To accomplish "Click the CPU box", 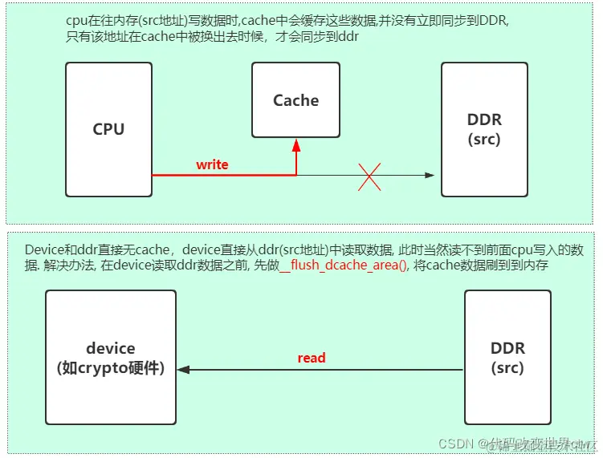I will click(x=108, y=129).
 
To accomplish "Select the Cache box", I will click(x=295, y=100).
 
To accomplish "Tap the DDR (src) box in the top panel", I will click(x=484, y=129).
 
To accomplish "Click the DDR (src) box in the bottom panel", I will click(x=507, y=358).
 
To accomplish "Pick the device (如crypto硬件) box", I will click(x=111, y=358).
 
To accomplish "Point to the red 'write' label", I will click(x=212, y=164).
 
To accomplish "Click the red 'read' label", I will click(x=312, y=358).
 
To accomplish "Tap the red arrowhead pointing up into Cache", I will click(x=296, y=144).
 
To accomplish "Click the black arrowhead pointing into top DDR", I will click(x=430, y=175).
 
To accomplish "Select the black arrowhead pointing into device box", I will click(x=184, y=370).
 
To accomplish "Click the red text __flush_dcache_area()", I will click(x=343, y=265).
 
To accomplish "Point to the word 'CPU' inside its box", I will click(x=108, y=129).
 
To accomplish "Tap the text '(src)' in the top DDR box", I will click(x=484, y=139).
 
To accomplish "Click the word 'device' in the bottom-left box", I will click(x=111, y=348).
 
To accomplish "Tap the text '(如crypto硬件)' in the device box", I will click(x=111, y=368).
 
